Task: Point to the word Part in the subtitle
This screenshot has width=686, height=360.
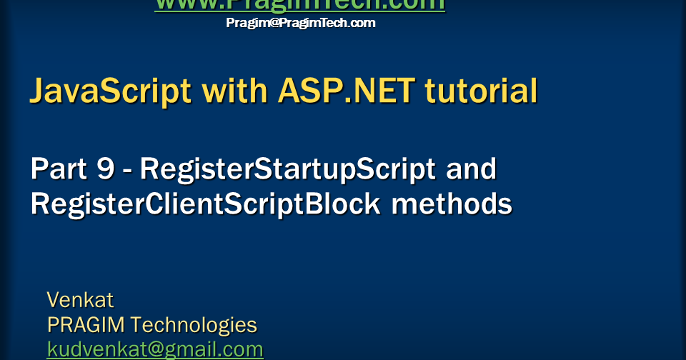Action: tap(58, 169)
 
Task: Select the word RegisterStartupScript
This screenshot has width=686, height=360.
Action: tap(288, 169)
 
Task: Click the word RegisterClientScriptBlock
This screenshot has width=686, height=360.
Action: tap(206, 204)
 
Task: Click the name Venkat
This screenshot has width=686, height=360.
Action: tap(80, 299)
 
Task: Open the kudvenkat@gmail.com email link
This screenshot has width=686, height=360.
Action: tap(155, 349)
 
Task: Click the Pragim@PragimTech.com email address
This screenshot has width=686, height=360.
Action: tap(301, 23)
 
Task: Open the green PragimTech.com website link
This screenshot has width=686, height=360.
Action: tap(300, 5)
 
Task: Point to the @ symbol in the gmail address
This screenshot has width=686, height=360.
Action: tap(140, 349)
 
